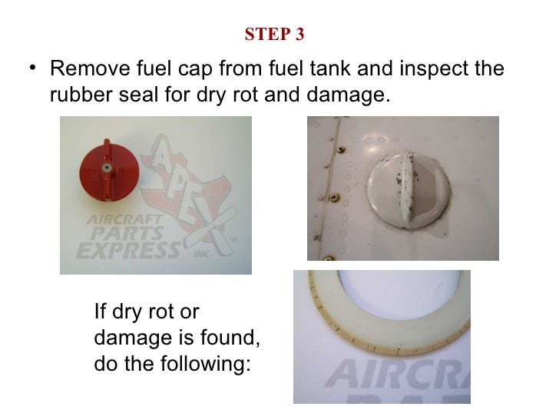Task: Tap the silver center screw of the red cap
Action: pyautogui.click(x=109, y=167)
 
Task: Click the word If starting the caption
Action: pyautogui.click(x=100, y=312)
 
